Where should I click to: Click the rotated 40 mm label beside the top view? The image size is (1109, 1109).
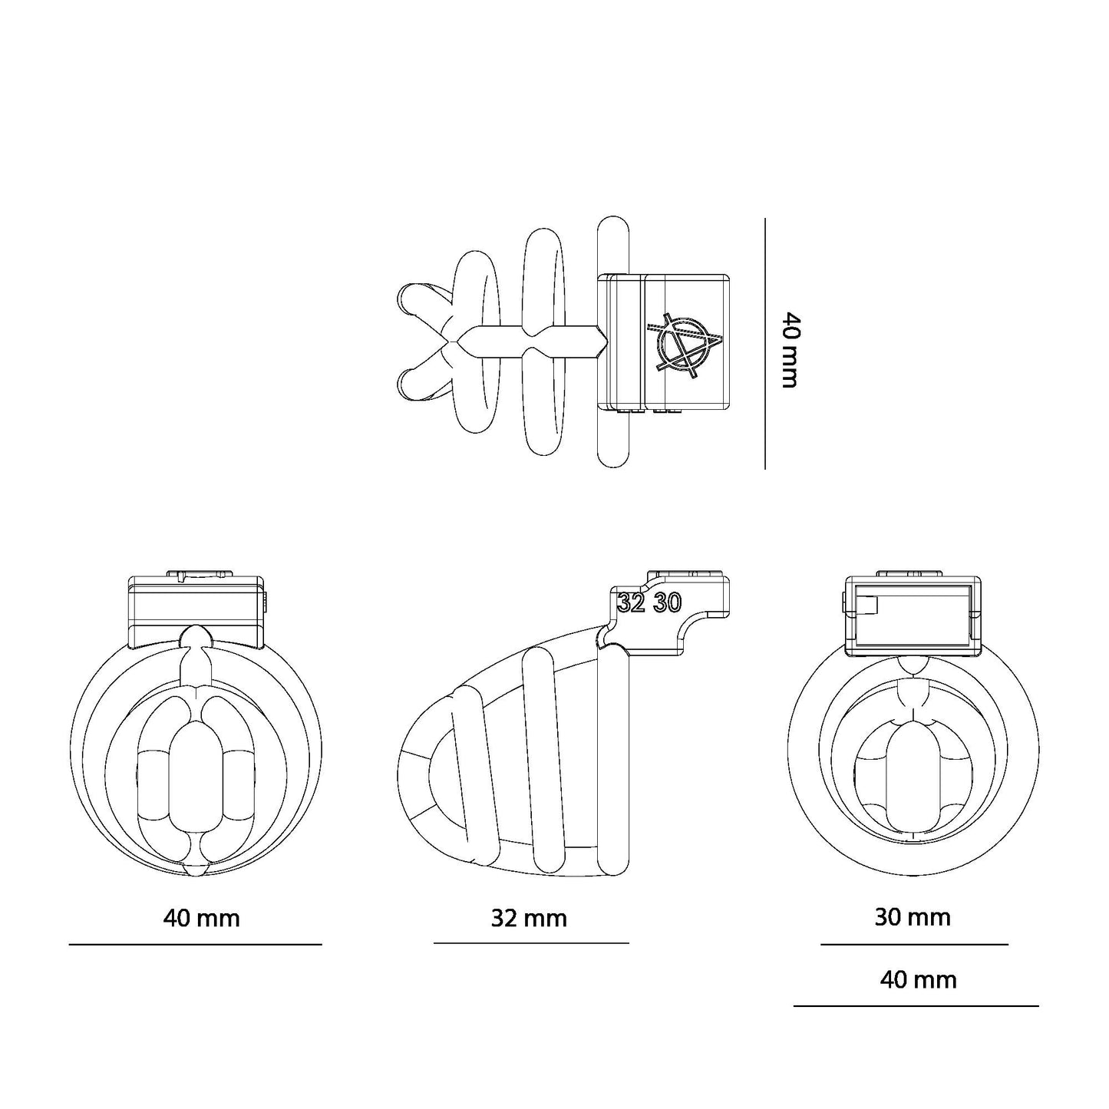click(789, 349)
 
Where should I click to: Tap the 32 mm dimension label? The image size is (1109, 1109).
click(529, 918)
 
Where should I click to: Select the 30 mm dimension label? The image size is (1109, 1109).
click(913, 917)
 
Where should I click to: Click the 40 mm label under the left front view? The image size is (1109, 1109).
click(201, 918)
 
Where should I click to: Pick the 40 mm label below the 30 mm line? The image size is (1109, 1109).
click(918, 980)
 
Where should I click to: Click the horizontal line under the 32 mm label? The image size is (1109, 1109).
click(531, 942)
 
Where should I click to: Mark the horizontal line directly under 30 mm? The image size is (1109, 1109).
click(914, 944)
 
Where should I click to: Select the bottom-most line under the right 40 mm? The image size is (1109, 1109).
click(916, 1005)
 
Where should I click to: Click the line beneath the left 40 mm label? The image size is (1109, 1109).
click(195, 944)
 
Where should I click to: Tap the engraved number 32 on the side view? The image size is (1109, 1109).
click(631, 603)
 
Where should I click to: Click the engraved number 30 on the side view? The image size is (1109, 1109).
click(667, 603)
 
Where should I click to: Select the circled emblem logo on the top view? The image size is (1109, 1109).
click(683, 347)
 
